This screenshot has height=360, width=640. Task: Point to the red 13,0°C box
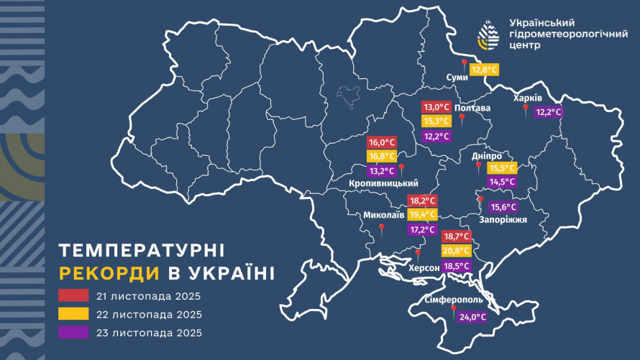[436, 107]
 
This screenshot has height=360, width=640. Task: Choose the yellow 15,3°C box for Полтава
[436, 121]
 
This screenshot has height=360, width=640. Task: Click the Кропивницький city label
[383, 184]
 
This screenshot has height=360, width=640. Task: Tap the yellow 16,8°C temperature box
[382, 157]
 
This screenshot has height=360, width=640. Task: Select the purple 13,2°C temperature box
[382, 171]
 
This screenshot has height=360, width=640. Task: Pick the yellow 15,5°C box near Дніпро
[502, 168]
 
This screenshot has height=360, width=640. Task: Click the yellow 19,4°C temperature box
[422, 215]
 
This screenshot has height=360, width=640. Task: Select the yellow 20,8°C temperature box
[456, 251]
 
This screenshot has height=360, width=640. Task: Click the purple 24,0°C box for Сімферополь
[472, 317]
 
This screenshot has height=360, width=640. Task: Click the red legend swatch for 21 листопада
[74, 295]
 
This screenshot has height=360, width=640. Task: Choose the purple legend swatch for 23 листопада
[74, 332]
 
